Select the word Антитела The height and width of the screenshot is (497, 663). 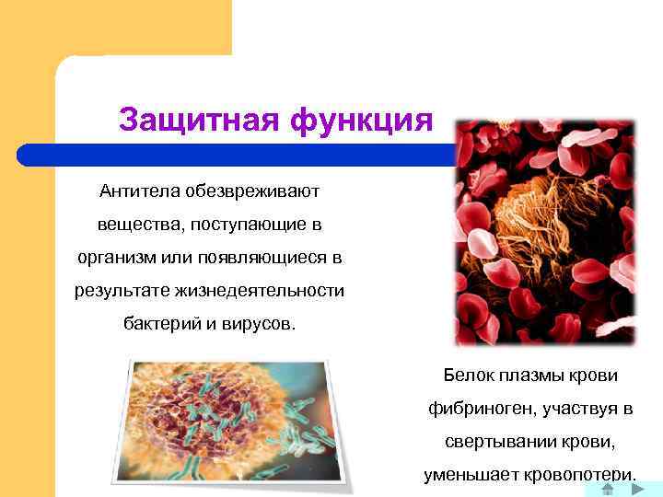coord(140,191)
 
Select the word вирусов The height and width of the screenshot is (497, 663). coord(261,324)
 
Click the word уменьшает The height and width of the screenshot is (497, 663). coord(467,475)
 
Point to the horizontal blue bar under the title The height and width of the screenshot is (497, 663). coord(276,154)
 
